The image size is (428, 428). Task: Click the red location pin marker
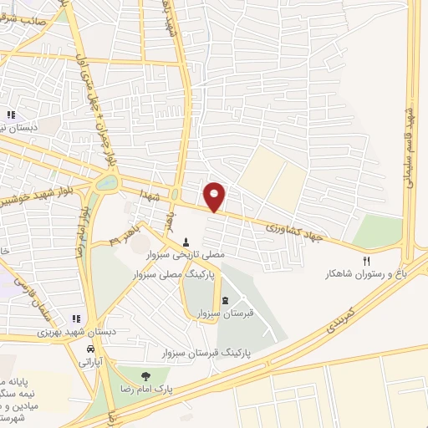click(215, 196)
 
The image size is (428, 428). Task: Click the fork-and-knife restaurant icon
click(366, 262)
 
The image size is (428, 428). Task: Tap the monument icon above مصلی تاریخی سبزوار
click(186, 242)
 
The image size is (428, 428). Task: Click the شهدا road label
click(151, 196)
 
